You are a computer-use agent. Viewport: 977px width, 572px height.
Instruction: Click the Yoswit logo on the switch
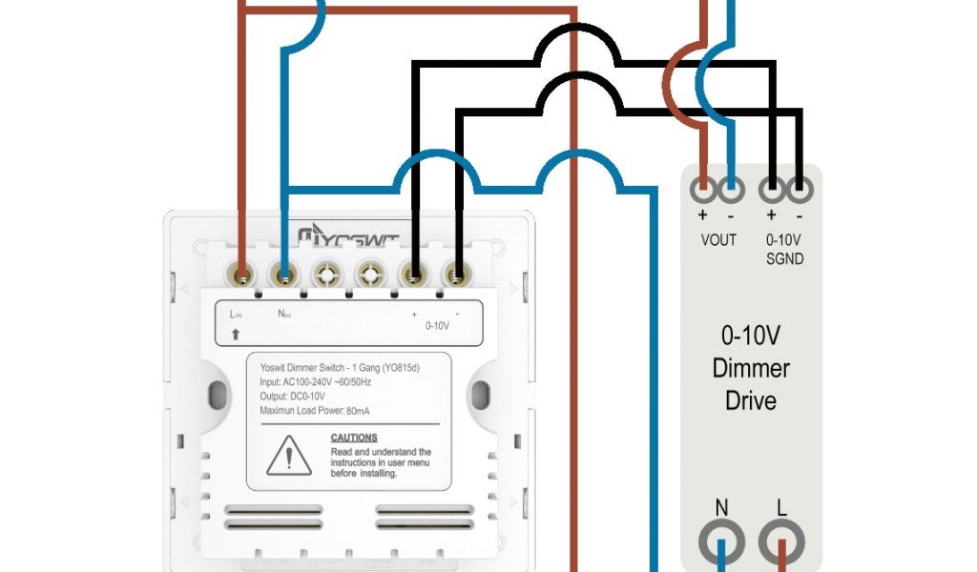(348, 236)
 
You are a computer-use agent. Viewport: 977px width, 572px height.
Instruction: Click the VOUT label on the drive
(718, 239)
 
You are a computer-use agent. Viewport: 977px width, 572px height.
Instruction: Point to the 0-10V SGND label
(784, 249)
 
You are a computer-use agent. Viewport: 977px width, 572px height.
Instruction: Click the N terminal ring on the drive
(721, 542)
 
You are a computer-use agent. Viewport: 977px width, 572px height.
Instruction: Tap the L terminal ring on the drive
(781, 542)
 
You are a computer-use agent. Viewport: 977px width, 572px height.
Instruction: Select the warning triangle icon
(285, 457)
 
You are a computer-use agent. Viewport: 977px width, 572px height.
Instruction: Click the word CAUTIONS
(354, 438)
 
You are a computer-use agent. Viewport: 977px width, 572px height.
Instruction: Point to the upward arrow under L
(235, 335)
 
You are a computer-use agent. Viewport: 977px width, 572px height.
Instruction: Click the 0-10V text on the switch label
(436, 325)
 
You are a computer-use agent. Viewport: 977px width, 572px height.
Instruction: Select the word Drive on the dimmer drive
(751, 399)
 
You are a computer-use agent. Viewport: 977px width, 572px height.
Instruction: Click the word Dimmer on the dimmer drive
(751, 368)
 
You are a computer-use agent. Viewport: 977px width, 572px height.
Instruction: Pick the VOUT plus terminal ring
(703, 189)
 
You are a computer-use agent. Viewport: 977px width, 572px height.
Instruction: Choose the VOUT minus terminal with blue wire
(731, 189)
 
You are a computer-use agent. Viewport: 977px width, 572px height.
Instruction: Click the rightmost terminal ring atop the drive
(800, 189)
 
